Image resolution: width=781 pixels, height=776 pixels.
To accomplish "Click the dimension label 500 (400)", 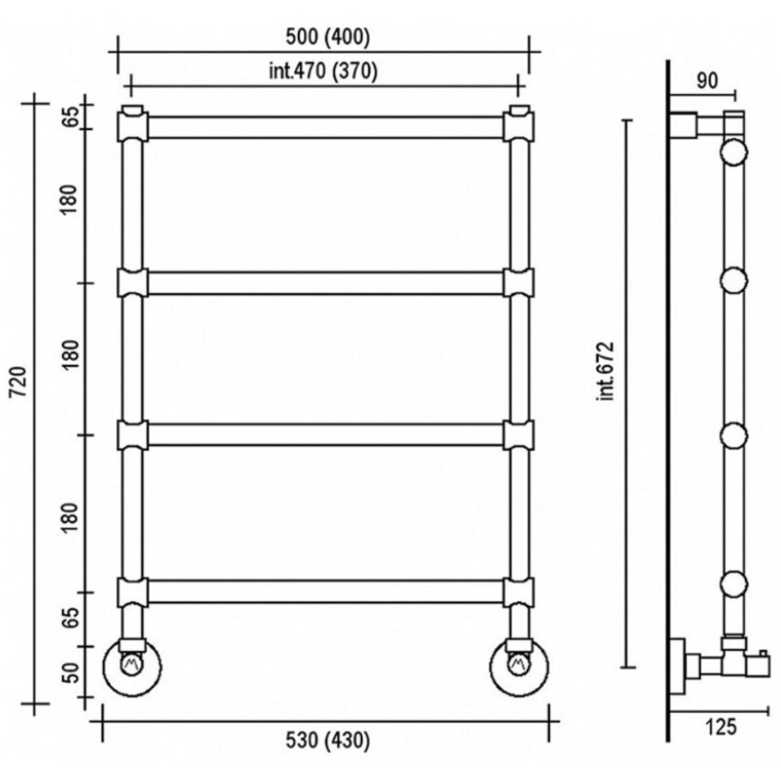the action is point(328,38).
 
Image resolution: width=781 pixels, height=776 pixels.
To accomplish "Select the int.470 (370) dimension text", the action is point(324,72).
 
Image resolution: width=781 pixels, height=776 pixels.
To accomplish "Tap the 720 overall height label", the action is point(19,382).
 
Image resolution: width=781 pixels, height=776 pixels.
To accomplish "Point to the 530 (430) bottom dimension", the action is point(328,741).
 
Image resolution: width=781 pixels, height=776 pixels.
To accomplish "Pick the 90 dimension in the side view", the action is point(707,81).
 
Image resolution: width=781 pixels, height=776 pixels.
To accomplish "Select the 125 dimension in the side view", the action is point(721,727).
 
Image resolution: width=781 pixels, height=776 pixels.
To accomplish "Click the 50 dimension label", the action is point(72,673).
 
